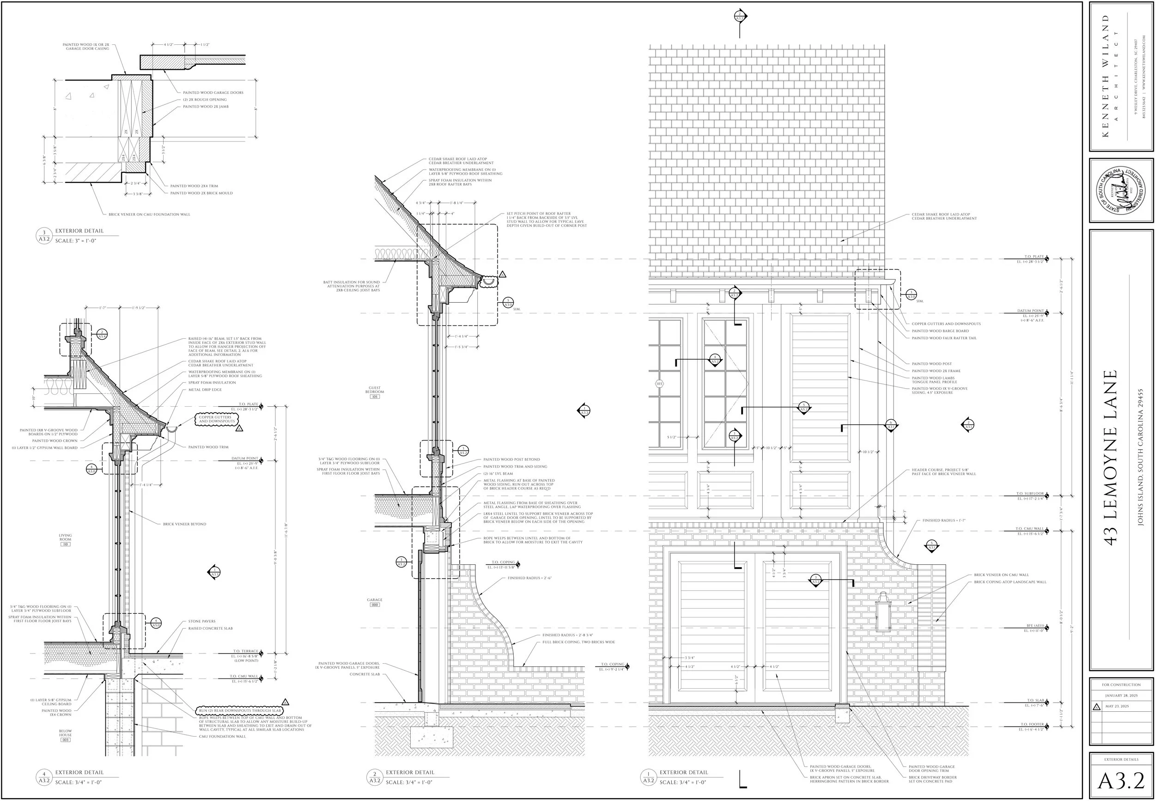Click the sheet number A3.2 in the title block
1121,780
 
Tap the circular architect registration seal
1121,191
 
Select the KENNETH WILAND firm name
1106,75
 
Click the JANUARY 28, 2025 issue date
1121,696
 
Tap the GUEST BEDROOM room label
375,390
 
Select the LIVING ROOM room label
65,538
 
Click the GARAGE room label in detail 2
375,600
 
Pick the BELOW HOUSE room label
65,733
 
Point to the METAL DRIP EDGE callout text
205,390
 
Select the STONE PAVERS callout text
201,621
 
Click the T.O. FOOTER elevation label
1032,725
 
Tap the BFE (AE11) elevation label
1034,626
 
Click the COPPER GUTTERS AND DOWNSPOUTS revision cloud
215,419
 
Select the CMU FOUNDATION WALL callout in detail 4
222,736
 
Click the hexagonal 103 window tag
659,384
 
